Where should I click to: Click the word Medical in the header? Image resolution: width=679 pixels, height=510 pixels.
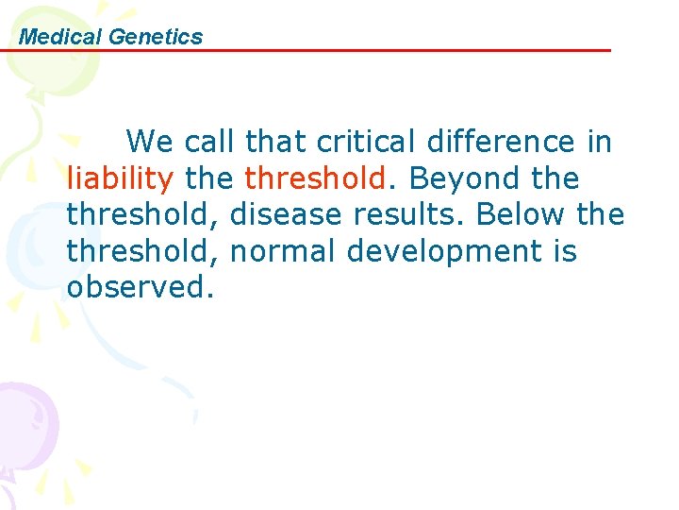coord(60,37)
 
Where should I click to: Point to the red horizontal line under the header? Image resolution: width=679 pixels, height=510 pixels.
coord(377,50)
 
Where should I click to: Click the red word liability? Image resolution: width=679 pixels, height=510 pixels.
coord(120,178)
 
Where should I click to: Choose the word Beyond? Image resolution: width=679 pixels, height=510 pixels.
coord(461,178)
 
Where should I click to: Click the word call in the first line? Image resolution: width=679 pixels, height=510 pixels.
coord(210,142)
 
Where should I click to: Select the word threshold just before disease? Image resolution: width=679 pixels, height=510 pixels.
coord(142,214)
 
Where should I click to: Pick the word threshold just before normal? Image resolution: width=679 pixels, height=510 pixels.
coord(142,251)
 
